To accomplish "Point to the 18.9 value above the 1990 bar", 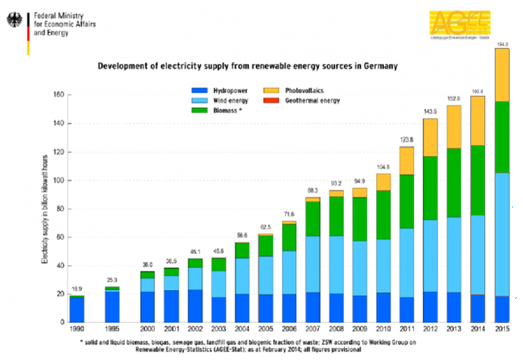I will click(76, 289).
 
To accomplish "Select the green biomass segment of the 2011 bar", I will click(407, 202).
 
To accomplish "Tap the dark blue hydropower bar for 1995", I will click(112, 306).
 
